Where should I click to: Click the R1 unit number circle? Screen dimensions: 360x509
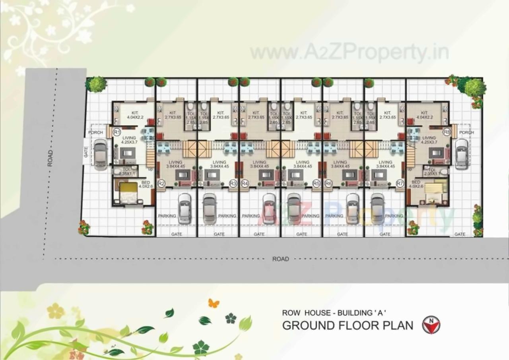pyautogui.click(x=117, y=132)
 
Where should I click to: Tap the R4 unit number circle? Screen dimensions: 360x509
pyautogui.click(x=245, y=183)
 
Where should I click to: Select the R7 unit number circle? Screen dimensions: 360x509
pyautogui.click(x=400, y=183)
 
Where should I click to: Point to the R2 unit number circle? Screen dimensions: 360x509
pyautogui.click(x=161, y=183)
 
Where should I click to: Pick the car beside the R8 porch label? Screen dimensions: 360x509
pyautogui.click(x=461, y=154)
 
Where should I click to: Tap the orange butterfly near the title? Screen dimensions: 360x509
pyautogui.click(x=214, y=304)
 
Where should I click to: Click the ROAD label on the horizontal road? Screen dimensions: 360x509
pyautogui.click(x=280, y=259)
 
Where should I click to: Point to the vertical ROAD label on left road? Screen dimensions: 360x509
pyautogui.click(x=50, y=158)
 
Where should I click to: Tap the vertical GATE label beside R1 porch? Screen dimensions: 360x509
pyautogui.click(x=86, y=152)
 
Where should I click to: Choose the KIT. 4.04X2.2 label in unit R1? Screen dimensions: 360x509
pyautogui.click(x=135, y=115)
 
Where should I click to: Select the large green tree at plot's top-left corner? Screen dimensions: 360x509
pyautogui.click(x=96, y=84)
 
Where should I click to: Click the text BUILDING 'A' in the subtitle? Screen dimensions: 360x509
pyautogui.click(x=362, y=313)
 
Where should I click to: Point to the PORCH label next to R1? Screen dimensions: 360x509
pyautogui.click(x=96, y=132)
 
